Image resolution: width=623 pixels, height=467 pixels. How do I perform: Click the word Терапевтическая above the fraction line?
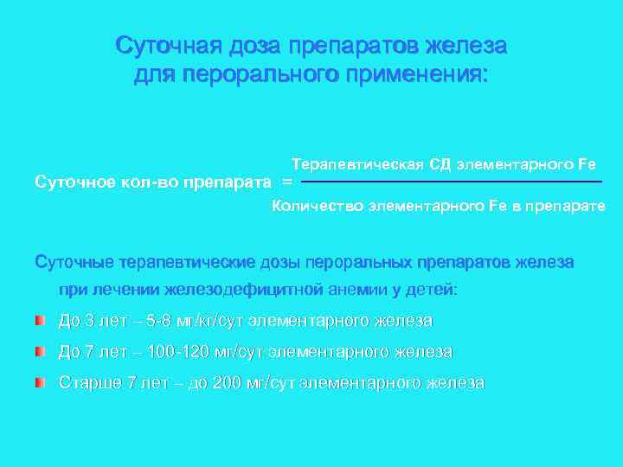(x=356, y=163)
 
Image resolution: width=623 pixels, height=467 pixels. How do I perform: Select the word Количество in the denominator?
(x=318, y=206)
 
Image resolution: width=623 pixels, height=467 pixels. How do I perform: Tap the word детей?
(x=437, y=290)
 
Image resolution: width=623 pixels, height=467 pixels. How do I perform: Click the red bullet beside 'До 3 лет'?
(x=39, y=322)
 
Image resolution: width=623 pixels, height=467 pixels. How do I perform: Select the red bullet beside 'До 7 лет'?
(x=39, y=352)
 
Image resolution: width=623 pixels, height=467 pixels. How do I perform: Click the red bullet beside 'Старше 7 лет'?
(x=39, y=382)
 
